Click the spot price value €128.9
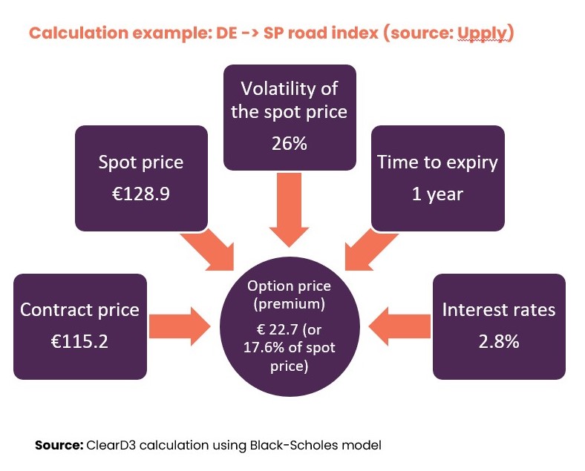[141, 194]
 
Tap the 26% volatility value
[290, 143]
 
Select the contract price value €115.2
[79, 341]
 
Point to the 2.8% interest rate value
[499, 341]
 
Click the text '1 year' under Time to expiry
[437, 194]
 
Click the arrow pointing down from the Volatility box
[289, 210]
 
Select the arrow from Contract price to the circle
[180, 326]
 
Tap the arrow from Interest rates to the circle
[399, 326]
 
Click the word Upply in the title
[483, 33]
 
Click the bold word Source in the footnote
[59, 445]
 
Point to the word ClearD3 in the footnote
[111, 445]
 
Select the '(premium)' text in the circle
[290, 304]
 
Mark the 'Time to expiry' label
[437, 163]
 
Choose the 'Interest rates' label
[499, 309]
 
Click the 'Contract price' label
[79, 309]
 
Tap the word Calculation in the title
[79, 33]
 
